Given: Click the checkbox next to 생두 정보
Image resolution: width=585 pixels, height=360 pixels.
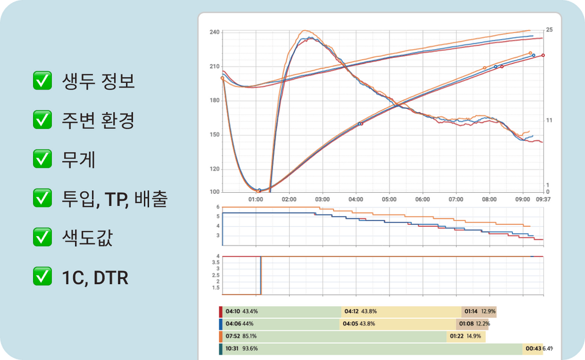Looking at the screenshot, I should [42, 81].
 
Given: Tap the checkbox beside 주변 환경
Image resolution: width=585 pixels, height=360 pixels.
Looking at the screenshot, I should [42, 120].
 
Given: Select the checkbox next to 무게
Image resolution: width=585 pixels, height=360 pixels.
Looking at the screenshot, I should [42, 160].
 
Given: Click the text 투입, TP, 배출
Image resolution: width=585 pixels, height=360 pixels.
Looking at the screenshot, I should [115, 199].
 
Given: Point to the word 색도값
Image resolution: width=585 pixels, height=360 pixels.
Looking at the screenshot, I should [87, 238].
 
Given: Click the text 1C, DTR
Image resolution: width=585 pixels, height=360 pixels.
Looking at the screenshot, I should [95, 278].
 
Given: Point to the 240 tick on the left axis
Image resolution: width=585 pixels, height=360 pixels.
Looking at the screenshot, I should [214, 32].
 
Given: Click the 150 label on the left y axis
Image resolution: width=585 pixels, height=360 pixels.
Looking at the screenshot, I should [214, 135].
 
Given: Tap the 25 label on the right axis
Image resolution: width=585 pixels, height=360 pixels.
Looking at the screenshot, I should [549, 30].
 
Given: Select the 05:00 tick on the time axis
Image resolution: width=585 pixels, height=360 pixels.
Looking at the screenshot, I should [389, 199].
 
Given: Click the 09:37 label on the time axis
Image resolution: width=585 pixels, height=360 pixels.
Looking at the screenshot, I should [543, 199].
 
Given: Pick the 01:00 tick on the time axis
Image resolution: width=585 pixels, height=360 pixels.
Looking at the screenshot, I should [256, 199].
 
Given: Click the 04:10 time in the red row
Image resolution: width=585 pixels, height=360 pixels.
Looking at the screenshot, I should [232, 312].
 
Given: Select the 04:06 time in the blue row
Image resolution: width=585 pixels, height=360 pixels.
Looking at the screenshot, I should [232, 324].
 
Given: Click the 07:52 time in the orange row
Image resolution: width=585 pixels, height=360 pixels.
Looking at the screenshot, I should [232, 336].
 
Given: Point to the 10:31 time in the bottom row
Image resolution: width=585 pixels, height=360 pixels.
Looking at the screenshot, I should [232, 349].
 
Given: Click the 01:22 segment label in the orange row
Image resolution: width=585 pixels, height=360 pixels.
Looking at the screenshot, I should [457, 336].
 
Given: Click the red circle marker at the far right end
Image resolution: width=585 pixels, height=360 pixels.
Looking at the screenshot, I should [543, 55].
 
